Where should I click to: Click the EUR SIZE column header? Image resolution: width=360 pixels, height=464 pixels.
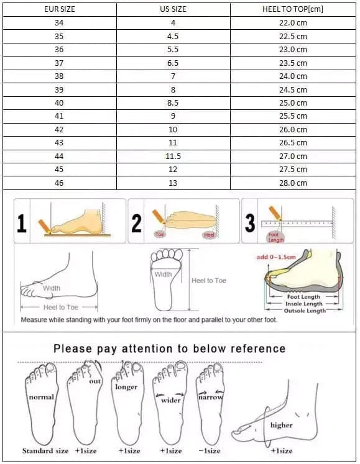[x=59, y=9]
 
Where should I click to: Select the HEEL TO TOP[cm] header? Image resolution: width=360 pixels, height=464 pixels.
[x=293, y=9]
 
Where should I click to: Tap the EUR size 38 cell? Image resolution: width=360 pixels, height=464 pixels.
[x=59, y=76]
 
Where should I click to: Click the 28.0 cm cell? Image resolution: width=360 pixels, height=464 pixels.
[x=293, y=183]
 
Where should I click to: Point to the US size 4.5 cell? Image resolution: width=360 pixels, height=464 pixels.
[x=173, y=36]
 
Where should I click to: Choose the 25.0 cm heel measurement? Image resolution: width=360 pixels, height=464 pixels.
[x=293, y=103]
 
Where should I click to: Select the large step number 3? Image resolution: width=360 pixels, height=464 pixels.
[x=250, y=223]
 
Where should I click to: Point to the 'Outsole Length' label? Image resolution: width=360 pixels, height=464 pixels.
[x=305, y=311]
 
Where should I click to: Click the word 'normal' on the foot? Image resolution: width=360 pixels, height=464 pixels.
[x=41, y=397]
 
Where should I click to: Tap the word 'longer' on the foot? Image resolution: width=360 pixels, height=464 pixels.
[x=126, y=387]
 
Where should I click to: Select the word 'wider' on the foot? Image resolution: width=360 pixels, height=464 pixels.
[x=171, y=401]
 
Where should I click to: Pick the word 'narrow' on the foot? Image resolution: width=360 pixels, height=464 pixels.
[x=211, y=397]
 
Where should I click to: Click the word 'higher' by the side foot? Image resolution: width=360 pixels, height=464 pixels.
[x=281, y=425]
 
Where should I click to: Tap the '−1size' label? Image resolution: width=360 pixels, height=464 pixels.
[x=208, y=451]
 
